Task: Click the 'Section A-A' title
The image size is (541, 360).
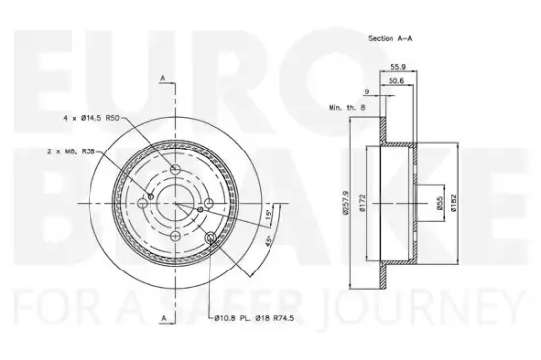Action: pyautogui.click(x=391, y=38)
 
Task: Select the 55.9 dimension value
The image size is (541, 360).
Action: pyautogui.click(x=397, y=67)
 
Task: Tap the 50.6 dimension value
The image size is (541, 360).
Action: pyautogui.click(x=396, y=81)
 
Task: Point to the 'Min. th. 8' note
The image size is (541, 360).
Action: pyautogui.click(x=347, y=107)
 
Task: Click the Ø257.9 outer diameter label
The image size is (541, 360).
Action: pyautogui.click(x=346, y=203)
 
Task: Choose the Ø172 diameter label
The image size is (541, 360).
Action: pyautogui.click(x=362, y=203)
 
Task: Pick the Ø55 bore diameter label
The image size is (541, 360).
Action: pyautogui.click(x=440, y=203)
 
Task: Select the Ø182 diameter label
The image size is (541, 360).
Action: pyautogui.click(x=453, y=203)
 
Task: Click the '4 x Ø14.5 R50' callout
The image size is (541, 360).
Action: pyautogui.click(x=91, y=118)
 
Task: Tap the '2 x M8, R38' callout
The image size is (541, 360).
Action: pyautogui.click(x=71, y=151)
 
